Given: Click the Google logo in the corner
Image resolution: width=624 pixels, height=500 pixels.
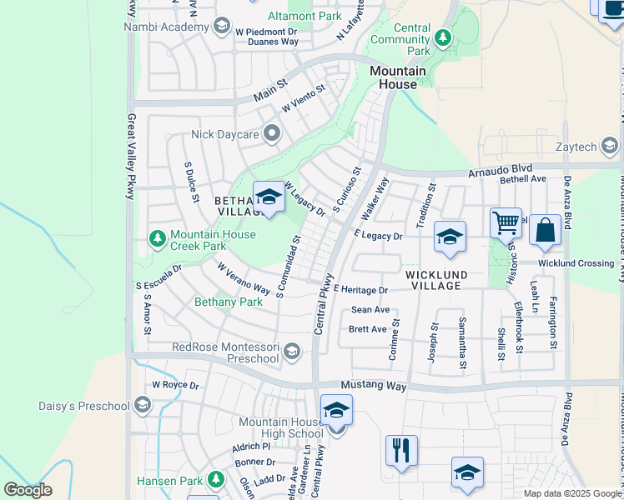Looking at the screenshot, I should tap(28, 490).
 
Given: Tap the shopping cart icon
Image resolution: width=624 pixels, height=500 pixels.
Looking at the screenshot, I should tap(506, 223).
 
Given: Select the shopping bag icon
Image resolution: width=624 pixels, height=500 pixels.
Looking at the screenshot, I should tap(545, 232).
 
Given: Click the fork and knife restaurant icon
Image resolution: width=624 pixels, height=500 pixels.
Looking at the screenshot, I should tap(401, 451).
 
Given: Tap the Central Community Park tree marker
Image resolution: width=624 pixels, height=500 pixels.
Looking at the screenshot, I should tap(441, 38).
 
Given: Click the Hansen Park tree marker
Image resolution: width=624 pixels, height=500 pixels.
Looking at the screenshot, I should tap(216, 480).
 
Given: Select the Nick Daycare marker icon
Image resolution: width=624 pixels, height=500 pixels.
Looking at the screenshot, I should tap(271, 133).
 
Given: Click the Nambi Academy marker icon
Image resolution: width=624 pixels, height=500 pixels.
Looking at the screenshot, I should tap(221, 27).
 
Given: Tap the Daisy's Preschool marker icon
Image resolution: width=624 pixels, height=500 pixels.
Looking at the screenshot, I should tap(142, 406).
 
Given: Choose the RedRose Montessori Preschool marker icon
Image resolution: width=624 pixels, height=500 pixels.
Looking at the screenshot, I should tap(291, 352).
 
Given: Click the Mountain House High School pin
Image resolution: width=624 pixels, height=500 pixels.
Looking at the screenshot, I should tap(336, 411).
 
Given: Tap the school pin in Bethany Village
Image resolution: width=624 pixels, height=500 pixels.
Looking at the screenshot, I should tap(269, 197).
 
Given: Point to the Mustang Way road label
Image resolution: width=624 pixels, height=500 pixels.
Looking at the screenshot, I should tap(374, 387).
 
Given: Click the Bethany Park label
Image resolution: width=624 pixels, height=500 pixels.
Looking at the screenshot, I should tap(228, 302).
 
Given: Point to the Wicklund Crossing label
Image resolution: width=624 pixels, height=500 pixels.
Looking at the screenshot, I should tap(576, 263).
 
